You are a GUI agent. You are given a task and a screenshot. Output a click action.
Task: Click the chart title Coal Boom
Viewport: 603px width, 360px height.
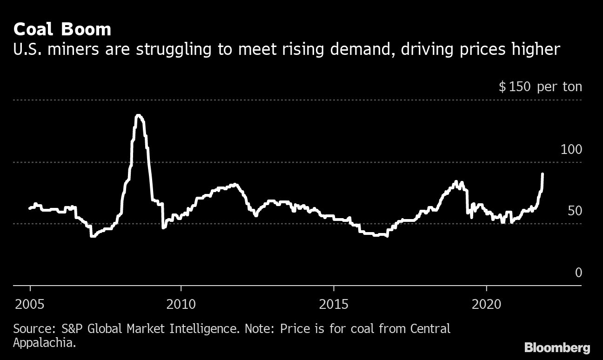(x=62, y=30)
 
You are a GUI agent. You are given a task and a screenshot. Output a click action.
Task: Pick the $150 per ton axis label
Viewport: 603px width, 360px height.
(x=540, y=87)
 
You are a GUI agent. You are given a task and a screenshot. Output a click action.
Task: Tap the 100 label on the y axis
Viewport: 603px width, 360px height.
(x=571, y=150)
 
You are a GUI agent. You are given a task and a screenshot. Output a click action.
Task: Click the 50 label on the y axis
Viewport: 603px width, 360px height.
(x=574, y=211)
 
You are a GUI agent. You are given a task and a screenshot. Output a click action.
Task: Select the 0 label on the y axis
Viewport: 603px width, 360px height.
(x=578, y=273)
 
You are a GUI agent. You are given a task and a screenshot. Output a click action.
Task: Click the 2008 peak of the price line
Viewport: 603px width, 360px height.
(x=138, y=115)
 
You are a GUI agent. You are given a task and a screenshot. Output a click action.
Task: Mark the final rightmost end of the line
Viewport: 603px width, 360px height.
(x=543, y=174)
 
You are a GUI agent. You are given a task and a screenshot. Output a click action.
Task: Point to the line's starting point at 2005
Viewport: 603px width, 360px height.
(x=30, y=208)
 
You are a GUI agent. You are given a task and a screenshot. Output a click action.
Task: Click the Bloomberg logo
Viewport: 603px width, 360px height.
(x=557, y=347)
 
